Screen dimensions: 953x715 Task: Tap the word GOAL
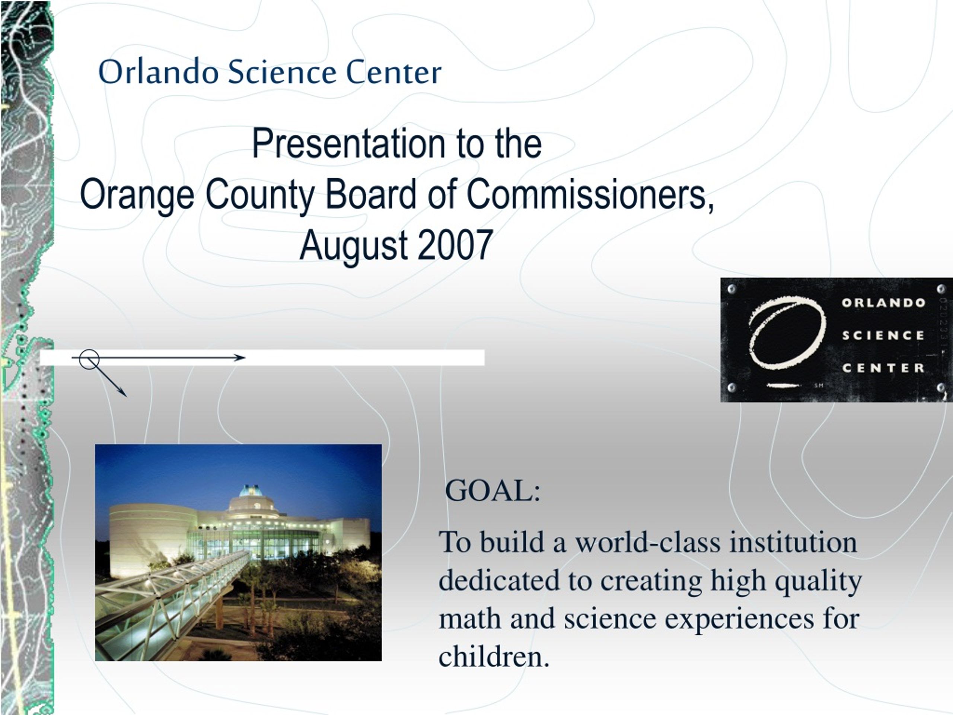tap(493, 490)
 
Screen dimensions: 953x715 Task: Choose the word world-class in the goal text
tap(648, 542)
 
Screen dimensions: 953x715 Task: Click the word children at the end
tap(494, 657)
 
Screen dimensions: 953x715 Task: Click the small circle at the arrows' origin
tap(90, 359)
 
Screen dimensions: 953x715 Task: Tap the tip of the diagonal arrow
tap(126, 395)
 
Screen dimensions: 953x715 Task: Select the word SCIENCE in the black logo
tap(883, 335)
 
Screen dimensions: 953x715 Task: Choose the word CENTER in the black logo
tap(883, 368)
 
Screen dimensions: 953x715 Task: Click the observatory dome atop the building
tap(251, 491)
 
